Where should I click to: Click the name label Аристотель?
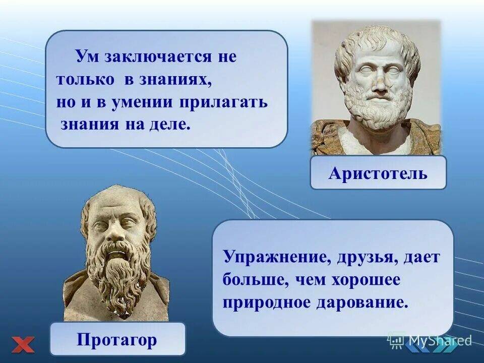tap(378, 173)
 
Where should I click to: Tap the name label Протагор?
tap(117, 339)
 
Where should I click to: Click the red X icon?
tap(23, 345)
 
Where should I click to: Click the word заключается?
tap(158, 57)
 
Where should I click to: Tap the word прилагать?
tap(223, 103)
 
